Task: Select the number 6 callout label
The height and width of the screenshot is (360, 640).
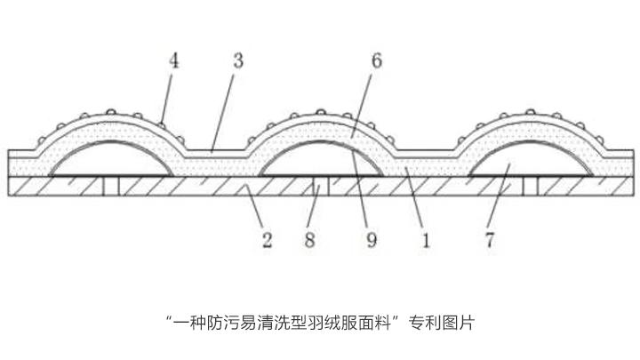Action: coord(377,61)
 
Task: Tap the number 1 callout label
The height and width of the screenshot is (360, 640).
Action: coord(426,239)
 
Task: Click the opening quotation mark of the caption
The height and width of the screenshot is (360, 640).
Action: coord(169,317)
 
